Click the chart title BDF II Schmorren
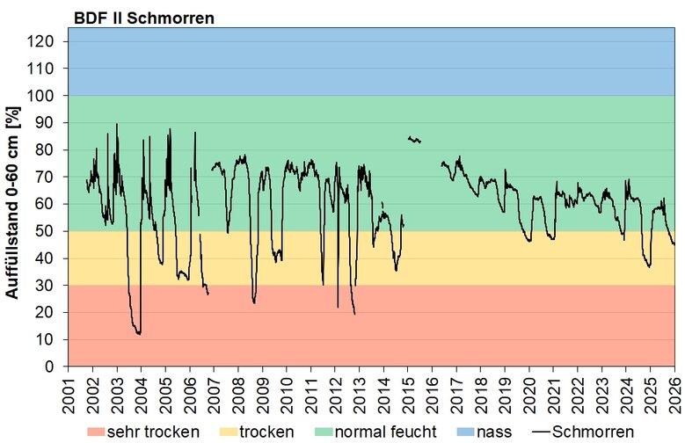(x=144, y=17)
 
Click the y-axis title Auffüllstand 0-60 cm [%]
(x=13, y=203)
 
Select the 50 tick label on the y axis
(x=47, y=231)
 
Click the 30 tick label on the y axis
(x=47, y=286)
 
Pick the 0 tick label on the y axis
(x=51, y=367)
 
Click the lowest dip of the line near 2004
(x=138, y=334)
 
